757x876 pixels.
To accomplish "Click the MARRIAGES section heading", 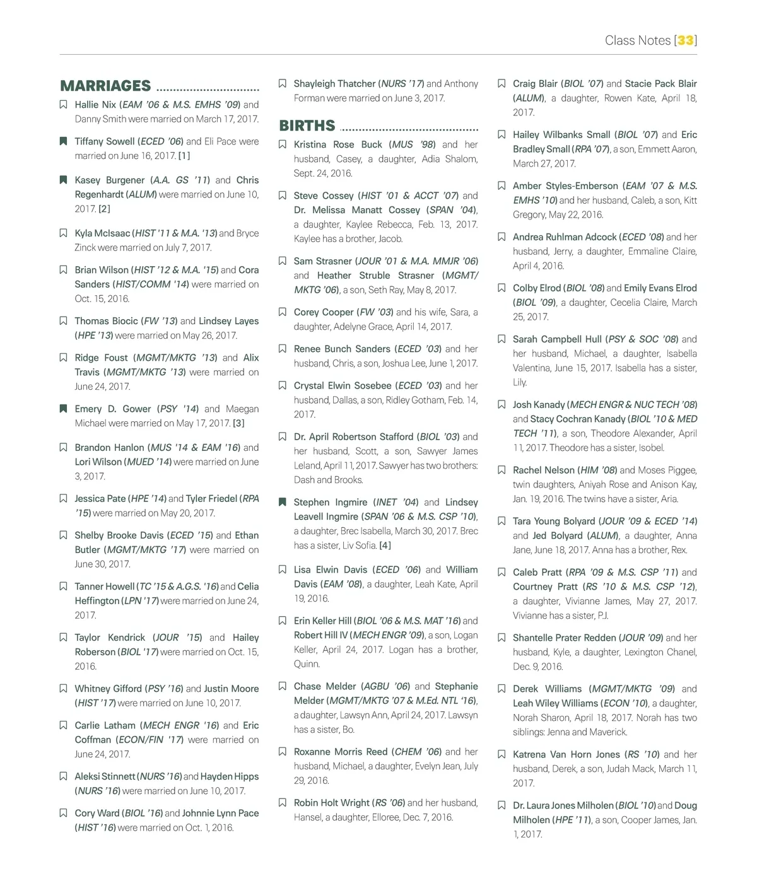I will click(105, 86).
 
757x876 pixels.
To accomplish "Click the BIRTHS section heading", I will click(307, 126).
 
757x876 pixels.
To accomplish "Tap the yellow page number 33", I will click(686, 40).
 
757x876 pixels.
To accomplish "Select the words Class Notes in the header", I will click(638, 40).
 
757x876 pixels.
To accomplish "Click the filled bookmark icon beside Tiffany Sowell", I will click(63, 141).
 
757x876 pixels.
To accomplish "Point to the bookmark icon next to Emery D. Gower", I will click(63, 409).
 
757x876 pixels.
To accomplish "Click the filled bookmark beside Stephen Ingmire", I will click(282, 502).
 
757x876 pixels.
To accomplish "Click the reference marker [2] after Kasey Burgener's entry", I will click(104, 209).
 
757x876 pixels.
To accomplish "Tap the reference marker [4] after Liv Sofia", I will click(385, 545).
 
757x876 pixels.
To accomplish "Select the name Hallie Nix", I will click(95, 105).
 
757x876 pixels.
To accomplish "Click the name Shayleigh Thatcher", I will click(334, 83).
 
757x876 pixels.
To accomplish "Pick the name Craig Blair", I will click(535, 83).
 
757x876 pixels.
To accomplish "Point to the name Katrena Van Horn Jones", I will click(566, 754).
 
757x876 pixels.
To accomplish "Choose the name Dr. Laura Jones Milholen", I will click(563, 805).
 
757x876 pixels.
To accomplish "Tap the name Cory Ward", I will click(97, 813).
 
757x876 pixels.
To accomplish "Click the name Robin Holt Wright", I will click(332, 803).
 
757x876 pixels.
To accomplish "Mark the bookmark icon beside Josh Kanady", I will click(502, 404).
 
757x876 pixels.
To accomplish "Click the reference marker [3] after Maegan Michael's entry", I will click(238, 423).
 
